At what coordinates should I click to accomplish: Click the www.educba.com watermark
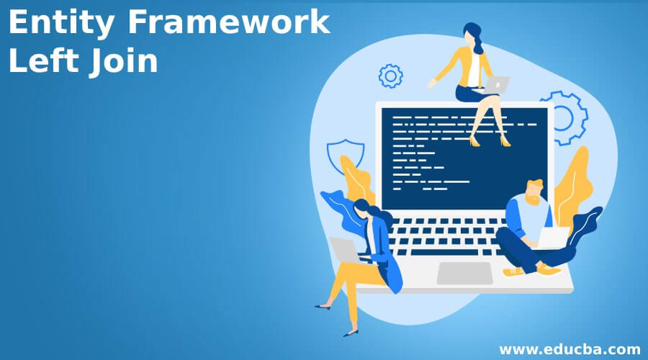(x=570, y=349)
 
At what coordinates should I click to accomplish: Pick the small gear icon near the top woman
(x=390, y=76)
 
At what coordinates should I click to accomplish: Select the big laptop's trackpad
(x=464, y=273)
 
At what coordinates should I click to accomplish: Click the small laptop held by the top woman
(x=496, y=85)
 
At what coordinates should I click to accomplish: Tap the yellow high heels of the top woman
(x=490, y=141)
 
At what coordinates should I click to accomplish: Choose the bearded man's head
(x=534, y=191)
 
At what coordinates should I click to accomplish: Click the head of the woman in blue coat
(x=363, y=210)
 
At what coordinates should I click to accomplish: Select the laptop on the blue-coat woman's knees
(x=345, y=249)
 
